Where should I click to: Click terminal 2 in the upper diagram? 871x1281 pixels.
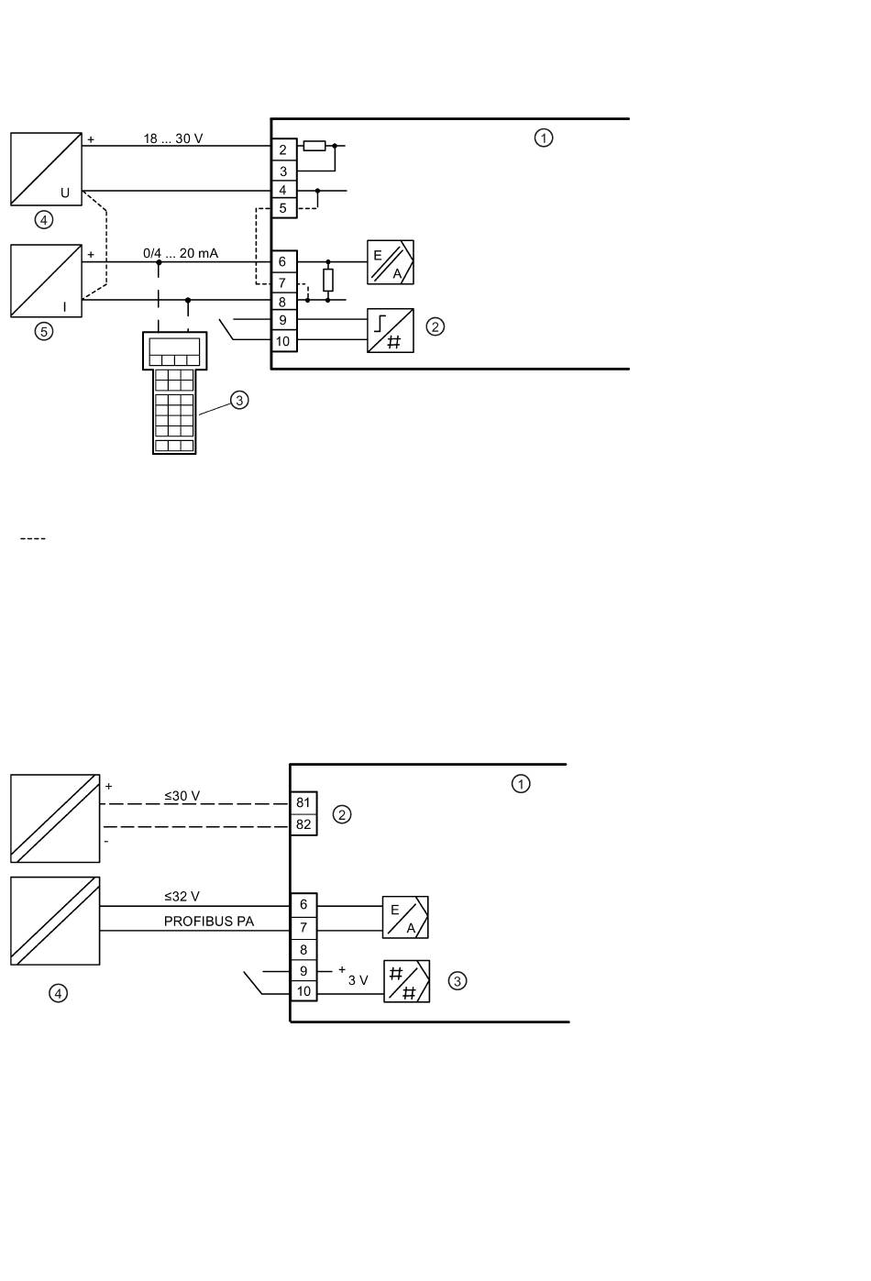tap(283, 149)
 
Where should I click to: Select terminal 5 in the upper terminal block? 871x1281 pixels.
tap(283, 208)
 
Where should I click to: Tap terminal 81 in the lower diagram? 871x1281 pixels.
tap(303, 803)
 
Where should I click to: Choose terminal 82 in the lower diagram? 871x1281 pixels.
tap(303, 824)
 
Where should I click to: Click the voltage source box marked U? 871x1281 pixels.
tap(47, 169)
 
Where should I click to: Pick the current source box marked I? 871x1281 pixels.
tap(47, 281)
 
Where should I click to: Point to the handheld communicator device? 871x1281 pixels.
tap(174, 392)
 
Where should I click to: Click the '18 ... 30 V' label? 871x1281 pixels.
tap(172, 138)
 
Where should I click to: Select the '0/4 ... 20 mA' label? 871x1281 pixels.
tap(181, 253)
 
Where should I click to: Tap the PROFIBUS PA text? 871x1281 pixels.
tap(209, 922)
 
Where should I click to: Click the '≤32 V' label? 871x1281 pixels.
tap(182, 896)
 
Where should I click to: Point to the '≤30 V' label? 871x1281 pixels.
tap(182, 796)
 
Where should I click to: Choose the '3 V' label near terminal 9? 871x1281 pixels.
tap(358, 980)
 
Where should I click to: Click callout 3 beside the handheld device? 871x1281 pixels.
tap(239, 401)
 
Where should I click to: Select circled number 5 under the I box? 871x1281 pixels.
tap(44, 331)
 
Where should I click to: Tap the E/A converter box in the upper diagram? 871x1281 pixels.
tap(391, 262)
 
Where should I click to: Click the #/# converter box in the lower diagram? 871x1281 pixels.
tap(406, 981)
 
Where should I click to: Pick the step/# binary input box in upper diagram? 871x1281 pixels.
tap(391, 330)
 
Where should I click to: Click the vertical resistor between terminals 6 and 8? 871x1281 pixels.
tap(327, 281)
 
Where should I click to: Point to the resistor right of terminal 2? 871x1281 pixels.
tap(314, 146)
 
